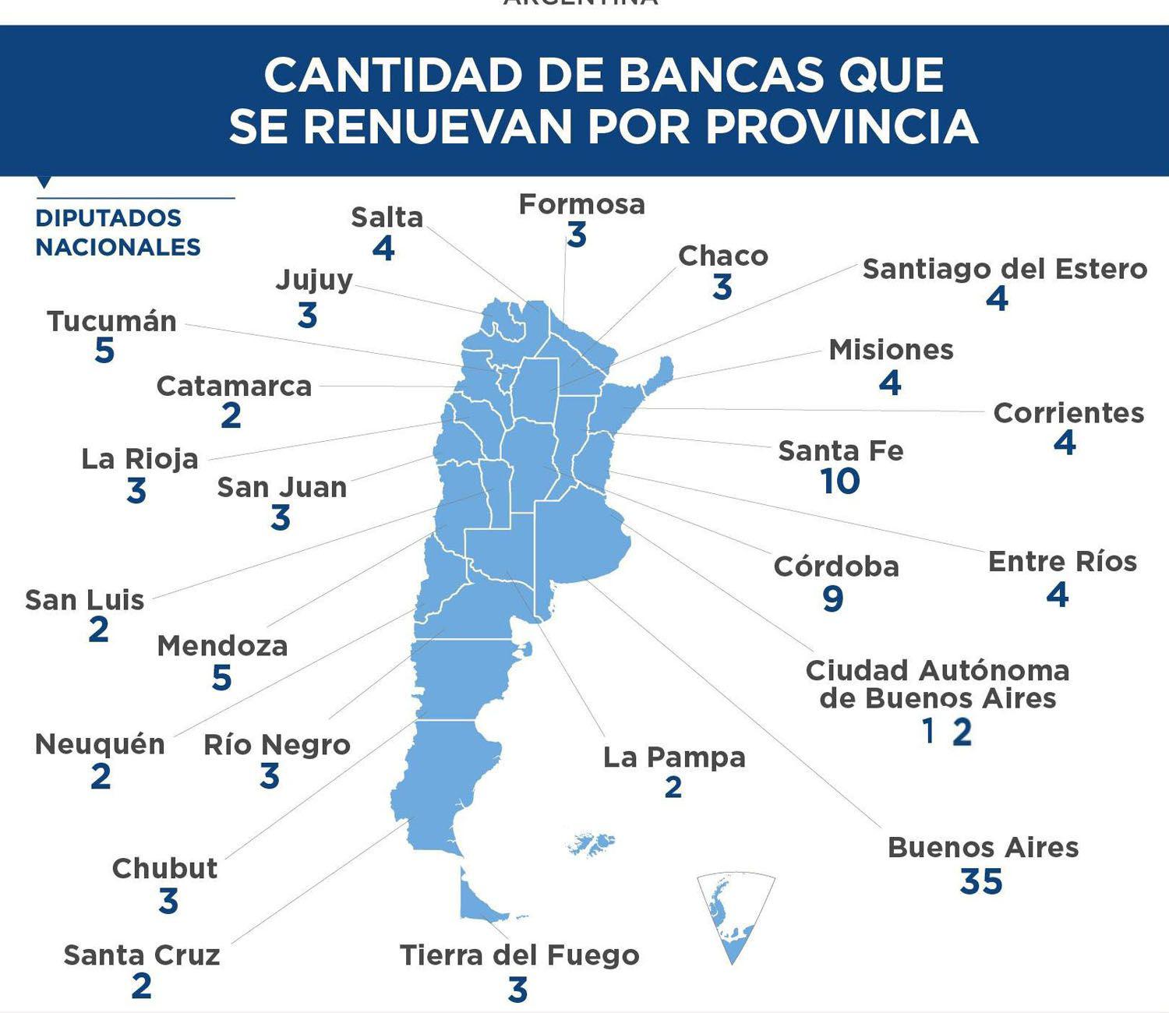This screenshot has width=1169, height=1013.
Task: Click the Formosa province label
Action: pyautogui.click(x=581, y=204)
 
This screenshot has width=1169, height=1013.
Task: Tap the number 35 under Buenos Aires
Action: pyautogui.click(x=981, y=882)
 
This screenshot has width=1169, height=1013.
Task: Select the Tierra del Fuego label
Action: pyautogui.click(x=519, y=955)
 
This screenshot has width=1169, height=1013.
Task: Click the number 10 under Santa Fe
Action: pyautogui.click(x=840, y=481)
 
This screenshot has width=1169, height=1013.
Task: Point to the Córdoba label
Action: pyautogui.click(x=836, y=567)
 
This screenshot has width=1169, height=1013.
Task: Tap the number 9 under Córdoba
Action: pyautogui.click(x=833, y=599)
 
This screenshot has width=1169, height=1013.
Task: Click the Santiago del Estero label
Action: pyautogui.click(x=1005, y=269)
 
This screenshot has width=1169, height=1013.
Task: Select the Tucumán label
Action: pyautogui.click(x=112, y=321)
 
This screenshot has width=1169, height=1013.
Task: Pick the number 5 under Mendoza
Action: pyautogui.click(x=222, y=678)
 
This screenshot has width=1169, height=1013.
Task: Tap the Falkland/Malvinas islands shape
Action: pyautogui.click(x=592, y=844)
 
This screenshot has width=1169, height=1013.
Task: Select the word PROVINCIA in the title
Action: pyautogui.click(x=842, y=126)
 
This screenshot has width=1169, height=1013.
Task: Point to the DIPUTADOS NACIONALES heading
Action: pyautogui.click(x=118, y=232)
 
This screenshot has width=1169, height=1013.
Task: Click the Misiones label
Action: pyautogui.click(x=891, y=350)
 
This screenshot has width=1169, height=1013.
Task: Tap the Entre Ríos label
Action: pyautogui.click(x=1062, y=562)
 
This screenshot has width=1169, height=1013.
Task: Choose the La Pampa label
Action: pyautogui.click(x=674, y=757)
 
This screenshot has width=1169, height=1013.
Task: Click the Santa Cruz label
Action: pyautogui.click(x=142, y=955)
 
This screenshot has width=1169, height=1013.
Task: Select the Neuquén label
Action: pyautogui.click(x=100, y=744)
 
